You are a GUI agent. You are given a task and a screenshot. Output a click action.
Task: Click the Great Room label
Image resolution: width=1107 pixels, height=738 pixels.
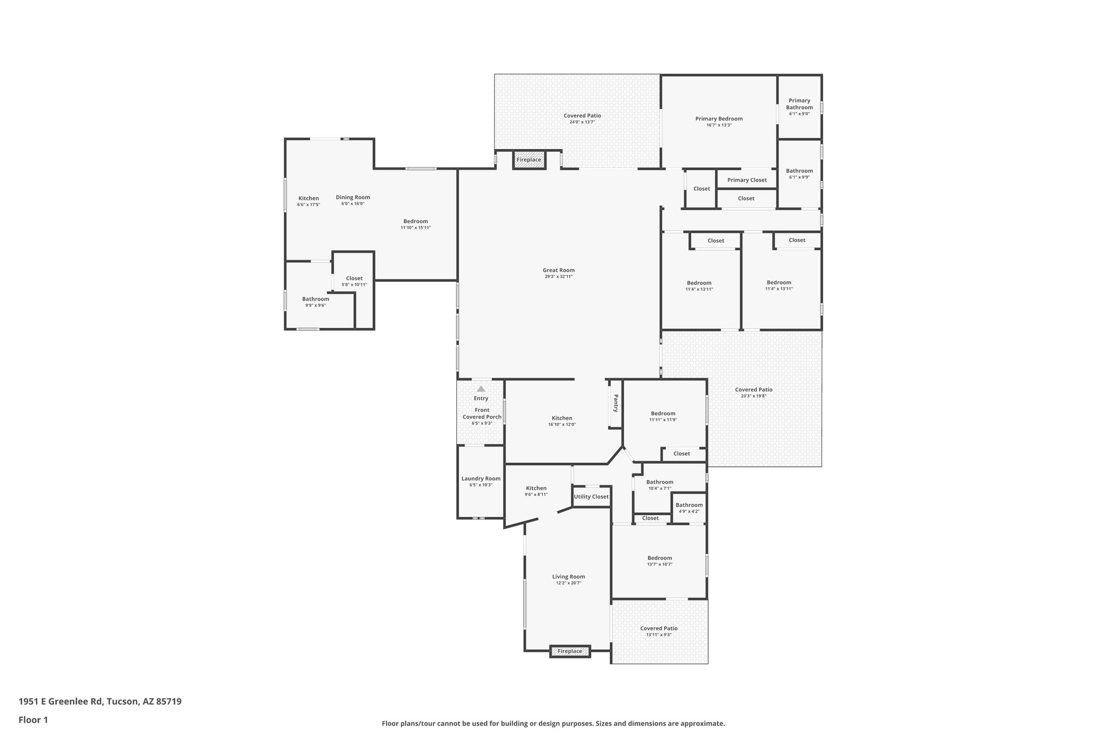pyautogui.click(x=558, y=270)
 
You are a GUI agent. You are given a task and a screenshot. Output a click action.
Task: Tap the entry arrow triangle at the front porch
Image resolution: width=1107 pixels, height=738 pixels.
pyautogui.click(x=481, y=389)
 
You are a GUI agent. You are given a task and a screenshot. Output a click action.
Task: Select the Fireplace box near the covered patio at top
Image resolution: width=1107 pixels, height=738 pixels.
pyautogui.click(x=529, y=160)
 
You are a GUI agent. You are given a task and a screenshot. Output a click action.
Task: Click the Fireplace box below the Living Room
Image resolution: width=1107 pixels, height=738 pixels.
pyautogui.click(x=570, y=651)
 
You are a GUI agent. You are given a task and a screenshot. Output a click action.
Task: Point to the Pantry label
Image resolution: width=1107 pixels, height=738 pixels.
pyautogui.click(x=615, y=403)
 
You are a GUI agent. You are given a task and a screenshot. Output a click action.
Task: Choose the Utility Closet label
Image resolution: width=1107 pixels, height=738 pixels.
pyautogui.click(x=591, y=497)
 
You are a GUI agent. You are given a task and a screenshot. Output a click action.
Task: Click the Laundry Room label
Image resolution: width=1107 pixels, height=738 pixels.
pyautogui.click(x=481, y=478)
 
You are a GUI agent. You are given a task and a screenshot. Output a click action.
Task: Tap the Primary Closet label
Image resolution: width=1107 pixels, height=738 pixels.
pyautogui.click(x=747, y=180)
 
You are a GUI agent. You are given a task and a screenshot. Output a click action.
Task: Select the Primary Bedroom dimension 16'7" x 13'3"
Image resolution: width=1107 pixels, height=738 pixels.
pyautogui.click(x=719, y=125)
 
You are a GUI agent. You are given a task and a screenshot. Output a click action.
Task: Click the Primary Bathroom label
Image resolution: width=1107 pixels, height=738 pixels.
pyautogui.click(x=799, y=104)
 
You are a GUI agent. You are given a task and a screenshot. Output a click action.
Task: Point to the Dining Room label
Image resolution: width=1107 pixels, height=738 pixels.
pyautogui.click(x=353, y=197)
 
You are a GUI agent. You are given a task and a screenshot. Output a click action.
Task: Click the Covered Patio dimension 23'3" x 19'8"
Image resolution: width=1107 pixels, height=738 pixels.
pyautogui.click(x=753, y=396)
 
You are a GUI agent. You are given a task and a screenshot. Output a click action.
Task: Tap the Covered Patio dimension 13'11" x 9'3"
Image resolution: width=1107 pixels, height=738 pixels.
pyautogui.click(x=659, y=635)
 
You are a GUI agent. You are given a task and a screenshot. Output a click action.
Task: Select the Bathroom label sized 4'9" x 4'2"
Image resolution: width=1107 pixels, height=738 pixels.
pyautogui.click(x=689, y=505)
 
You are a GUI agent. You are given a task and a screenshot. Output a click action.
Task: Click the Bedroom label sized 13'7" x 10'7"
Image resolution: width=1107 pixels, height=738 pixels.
pyautogui.click(x=659, y=558)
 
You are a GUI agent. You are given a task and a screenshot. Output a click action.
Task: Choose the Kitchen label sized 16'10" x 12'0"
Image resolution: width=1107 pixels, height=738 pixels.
pyautogui.click(x=562, y=418)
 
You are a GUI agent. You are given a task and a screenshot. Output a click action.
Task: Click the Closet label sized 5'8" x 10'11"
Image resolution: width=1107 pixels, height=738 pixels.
pyautogui.click(x=354, y=278)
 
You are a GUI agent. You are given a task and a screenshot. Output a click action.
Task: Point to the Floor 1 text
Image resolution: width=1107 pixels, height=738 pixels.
pyautogui.click(x=34, y=720)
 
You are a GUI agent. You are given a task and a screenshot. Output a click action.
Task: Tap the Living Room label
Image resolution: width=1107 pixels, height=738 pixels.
pyautogui.click(x=569, y=576)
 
